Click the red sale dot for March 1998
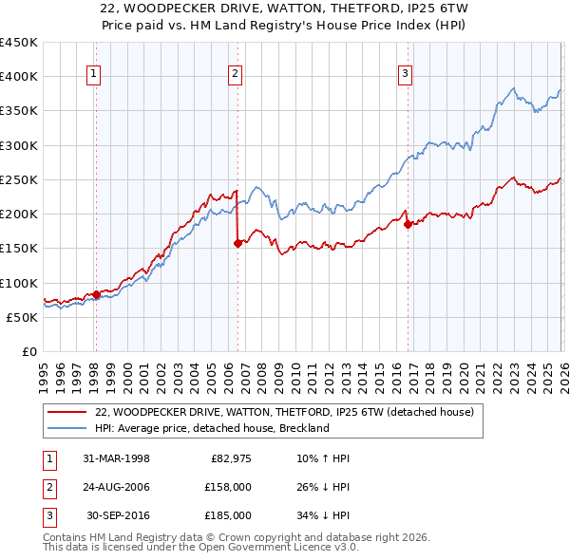click(96, 295)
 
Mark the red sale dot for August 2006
click(237, 243)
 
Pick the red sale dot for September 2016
click(408, 225)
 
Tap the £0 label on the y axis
click(28, 351)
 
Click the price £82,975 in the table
click(229, 458)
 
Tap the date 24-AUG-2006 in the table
click(116, 487)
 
